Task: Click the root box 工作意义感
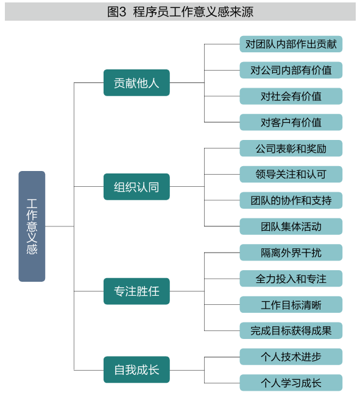tap(32, 226)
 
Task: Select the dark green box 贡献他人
tap(136, 83)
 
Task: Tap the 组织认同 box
tap(136, 187)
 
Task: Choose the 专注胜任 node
tap(136, 291)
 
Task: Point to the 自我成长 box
tap(136, 369)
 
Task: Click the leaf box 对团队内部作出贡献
tap(291, 44)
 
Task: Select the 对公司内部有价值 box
tap(291, 70)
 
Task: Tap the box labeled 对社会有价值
tap(291, 96)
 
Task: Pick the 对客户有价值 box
tap(291, 122)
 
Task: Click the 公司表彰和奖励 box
tap(291, 148)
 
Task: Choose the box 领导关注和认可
tap(291, 175)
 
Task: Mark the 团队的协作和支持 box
tap(291, 201)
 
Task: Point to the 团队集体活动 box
tap(291, 226)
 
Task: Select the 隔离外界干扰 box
tap(291, 253)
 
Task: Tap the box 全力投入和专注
tap(291, 279)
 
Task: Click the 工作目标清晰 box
tap(291, 305)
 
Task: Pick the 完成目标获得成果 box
tap(291, 330)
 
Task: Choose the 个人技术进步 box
tap(291, 357)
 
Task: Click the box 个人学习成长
tap(291, 383)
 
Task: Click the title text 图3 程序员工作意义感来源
tap(180, 12)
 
